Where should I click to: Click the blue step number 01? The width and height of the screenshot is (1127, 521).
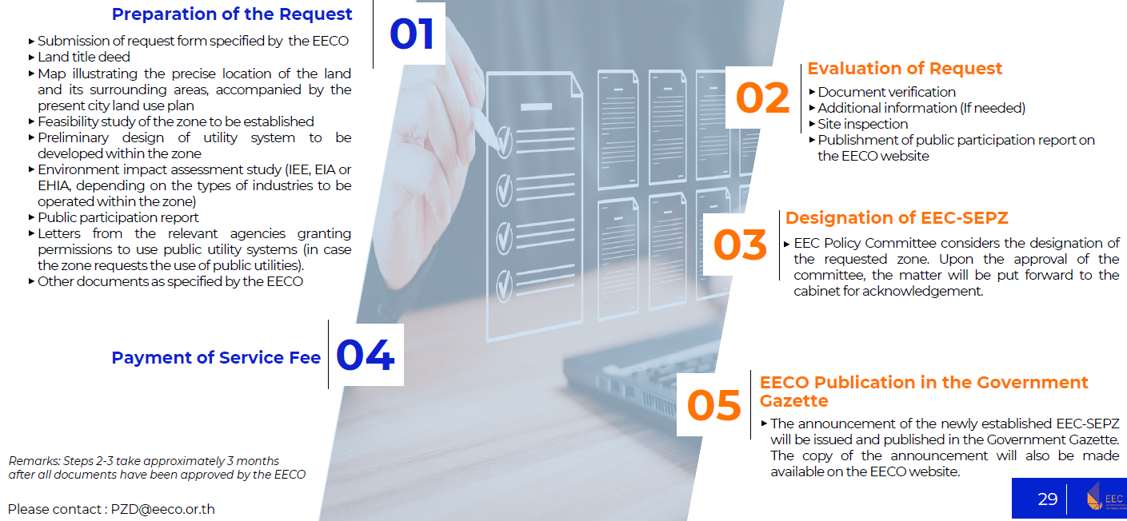(412, 34)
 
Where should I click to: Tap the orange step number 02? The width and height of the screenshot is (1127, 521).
(762, 98)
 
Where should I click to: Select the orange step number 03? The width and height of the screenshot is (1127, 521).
(740, 245)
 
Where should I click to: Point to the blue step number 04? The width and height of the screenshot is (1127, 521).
(366, 355)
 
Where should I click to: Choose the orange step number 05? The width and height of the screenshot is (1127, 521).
(713, 405)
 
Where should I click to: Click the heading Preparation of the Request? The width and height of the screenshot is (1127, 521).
(231, 14)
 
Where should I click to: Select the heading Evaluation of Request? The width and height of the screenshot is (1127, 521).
(905, 69)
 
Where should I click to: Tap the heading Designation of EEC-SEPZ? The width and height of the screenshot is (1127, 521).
(897, 217)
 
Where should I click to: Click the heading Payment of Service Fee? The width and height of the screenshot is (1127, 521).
(216, 357)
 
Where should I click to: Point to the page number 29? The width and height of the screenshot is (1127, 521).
(1048, 499)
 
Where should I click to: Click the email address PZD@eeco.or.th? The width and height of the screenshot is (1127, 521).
(162, 509)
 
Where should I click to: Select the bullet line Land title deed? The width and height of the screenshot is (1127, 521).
(83, 57)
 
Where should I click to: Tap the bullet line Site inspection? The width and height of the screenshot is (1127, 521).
(862, 124)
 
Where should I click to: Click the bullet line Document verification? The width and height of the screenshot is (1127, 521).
(886, 92)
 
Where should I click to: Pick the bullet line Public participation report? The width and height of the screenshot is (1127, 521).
(118, 217)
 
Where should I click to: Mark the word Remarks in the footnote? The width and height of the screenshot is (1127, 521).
(34, 461)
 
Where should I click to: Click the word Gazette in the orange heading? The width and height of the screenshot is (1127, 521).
(793, 401)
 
